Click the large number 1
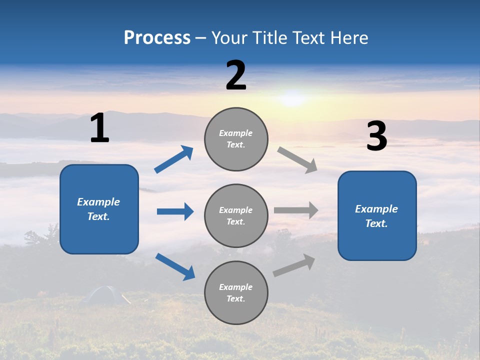[99, 128]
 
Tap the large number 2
[236, 75]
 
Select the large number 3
[376, 136]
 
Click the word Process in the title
[157, 38]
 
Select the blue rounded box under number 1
[99, 209]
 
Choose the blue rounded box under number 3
[377, 215]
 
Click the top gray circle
[236, 139]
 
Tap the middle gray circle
[236, 215]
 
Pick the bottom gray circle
[236, 292]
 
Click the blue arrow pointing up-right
[174, 159]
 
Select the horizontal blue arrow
[175, 211]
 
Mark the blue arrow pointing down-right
[175, 266]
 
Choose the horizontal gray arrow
[296, 210]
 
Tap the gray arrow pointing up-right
[294, 265]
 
